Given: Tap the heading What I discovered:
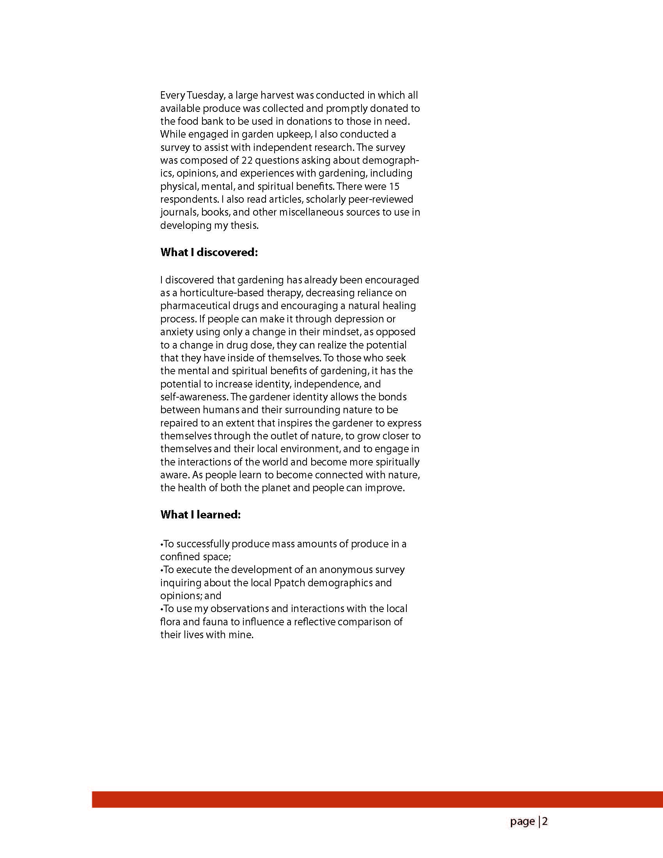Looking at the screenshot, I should coord(209,252).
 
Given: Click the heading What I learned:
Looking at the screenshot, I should coord(200,515).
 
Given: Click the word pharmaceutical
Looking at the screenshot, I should coord(194,306).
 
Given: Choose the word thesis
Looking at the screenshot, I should coord(245,225).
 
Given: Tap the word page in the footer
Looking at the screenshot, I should coord(522,821).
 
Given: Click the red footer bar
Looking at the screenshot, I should coord(377,800).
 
